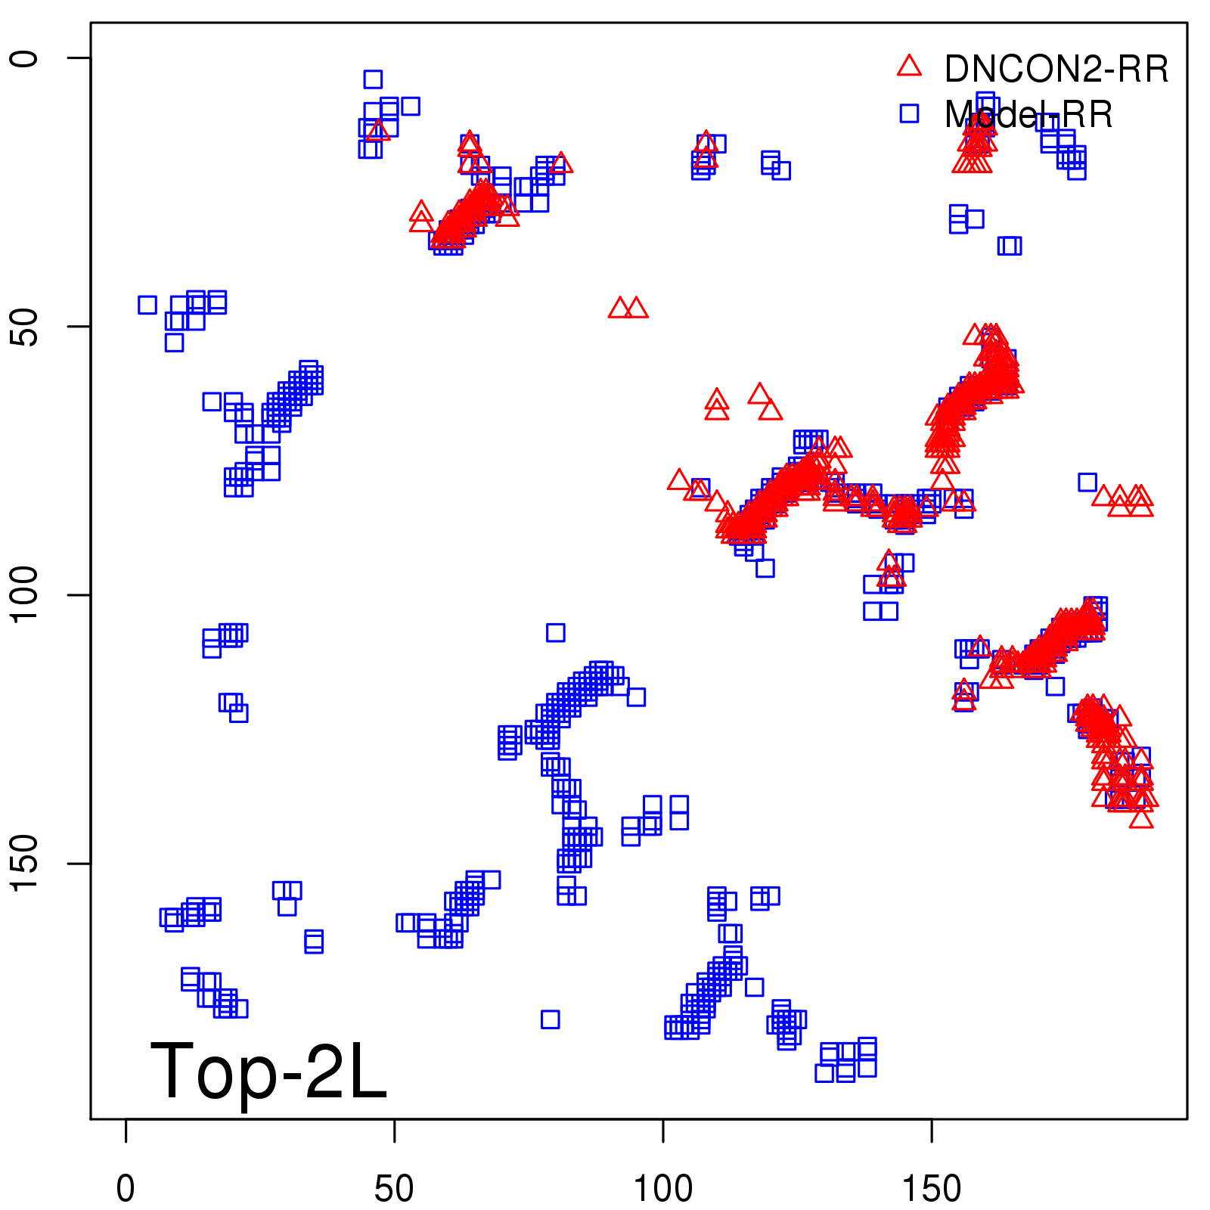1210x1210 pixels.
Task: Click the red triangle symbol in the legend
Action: point(909,67)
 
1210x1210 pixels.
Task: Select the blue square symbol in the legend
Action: point(909,113)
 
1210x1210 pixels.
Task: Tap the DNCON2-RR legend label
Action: point(1056,70)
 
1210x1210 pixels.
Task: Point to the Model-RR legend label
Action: point(1028,115)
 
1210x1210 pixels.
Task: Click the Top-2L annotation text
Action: point(268,1071)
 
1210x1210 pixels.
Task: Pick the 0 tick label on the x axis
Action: point(126,1189)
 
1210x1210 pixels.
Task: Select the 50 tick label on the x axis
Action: point(394,1189)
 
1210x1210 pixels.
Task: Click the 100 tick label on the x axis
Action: point(662,1189)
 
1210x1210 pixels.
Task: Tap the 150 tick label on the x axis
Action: point(932,1189)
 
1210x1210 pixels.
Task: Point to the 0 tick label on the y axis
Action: point(26,58)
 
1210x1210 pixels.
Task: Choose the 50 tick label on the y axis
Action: point(26,327)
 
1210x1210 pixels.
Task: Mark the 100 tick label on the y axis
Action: point(26,595)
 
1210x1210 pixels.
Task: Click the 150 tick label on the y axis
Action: point(26,864)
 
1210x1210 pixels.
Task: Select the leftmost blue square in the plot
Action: point(147,305)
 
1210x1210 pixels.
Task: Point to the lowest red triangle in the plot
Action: point(1141,818)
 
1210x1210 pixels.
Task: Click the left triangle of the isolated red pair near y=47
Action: point(619,309)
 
